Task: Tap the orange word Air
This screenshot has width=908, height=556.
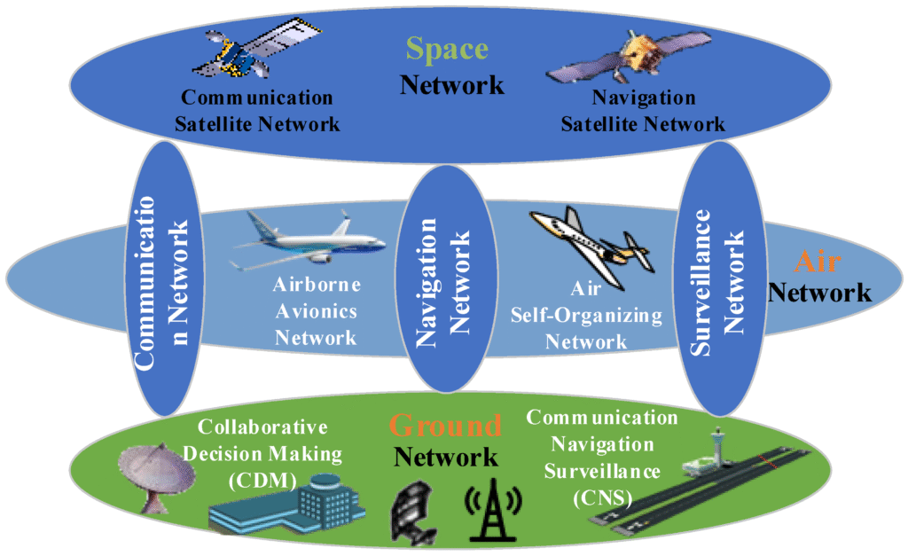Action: tap(815, 262)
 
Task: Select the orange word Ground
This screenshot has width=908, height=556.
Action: tap(445, 426)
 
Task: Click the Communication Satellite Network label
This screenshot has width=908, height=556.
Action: tap(257, 111)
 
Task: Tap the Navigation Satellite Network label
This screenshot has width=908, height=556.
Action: tap(643, 111)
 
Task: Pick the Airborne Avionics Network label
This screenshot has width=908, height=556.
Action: tap(316, 311)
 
